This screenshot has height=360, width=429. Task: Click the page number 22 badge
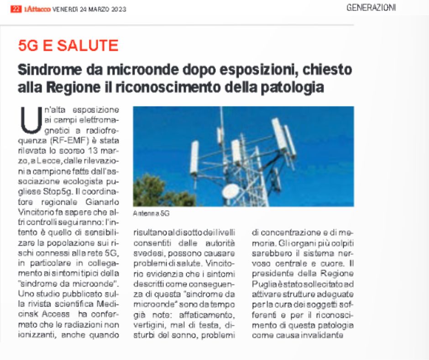16,9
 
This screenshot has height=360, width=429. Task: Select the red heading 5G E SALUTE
68,45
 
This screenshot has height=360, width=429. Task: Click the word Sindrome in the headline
51,70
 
